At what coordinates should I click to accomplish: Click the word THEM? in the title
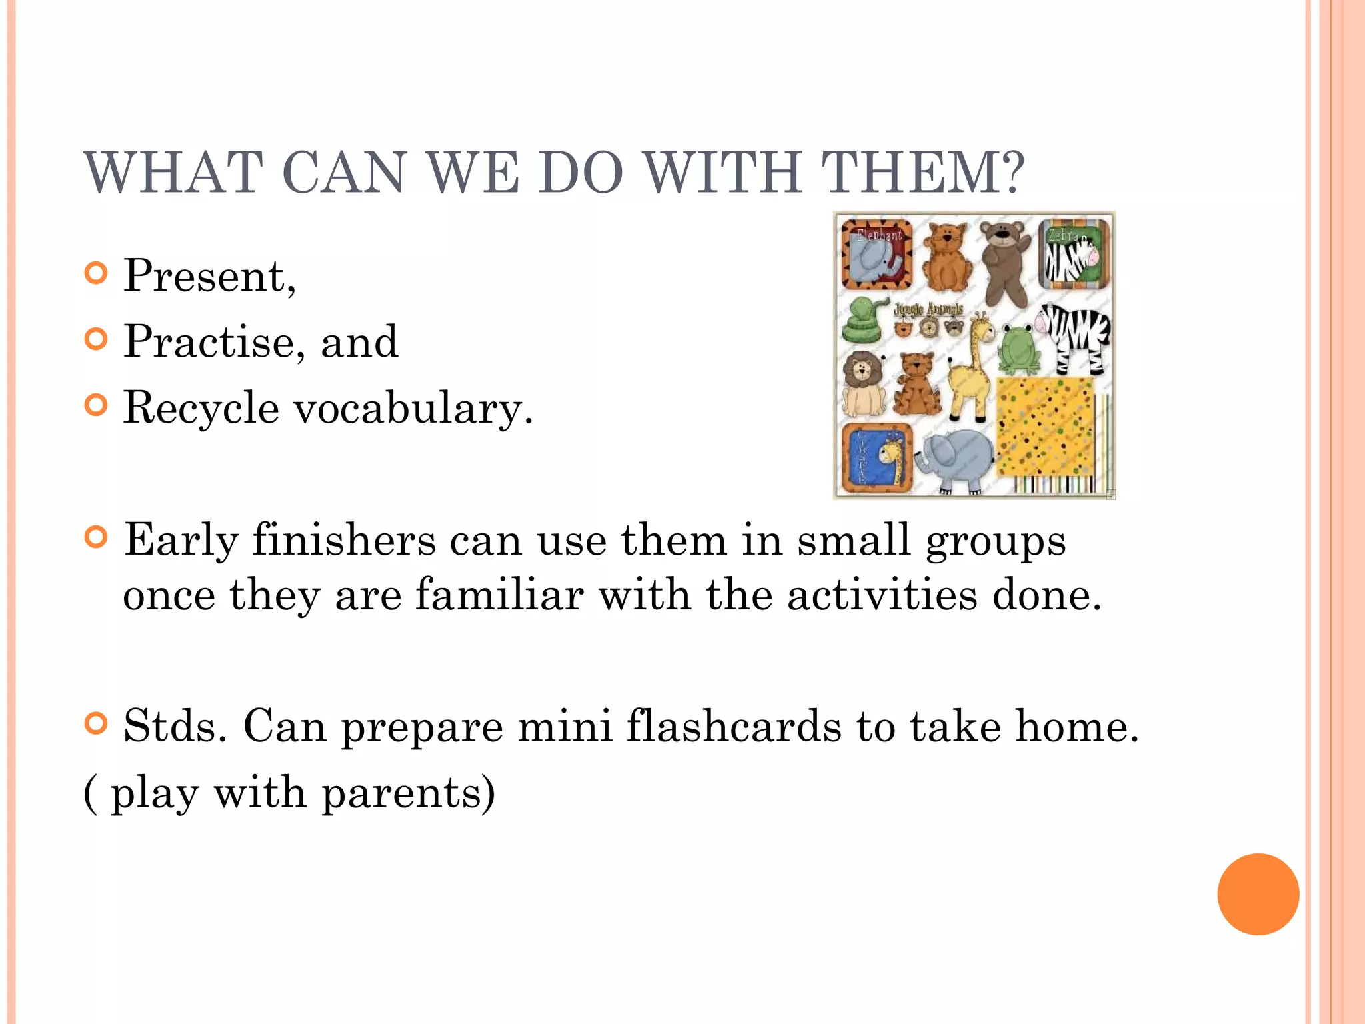tap(922, 173)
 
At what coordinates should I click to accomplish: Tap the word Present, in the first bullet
tap(209, 275)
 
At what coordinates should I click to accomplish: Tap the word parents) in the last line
tap(408, 793)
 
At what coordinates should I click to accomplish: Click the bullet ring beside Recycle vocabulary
tap(97, 405)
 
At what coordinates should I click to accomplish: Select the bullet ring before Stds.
tap(97, 723)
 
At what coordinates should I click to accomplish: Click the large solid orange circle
tap(1258, 894)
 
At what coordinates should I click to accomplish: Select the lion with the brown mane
tap(864, 383)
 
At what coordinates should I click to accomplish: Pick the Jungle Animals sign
tap(928, 309)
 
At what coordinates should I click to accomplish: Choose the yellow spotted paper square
tap(1045, 427)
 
